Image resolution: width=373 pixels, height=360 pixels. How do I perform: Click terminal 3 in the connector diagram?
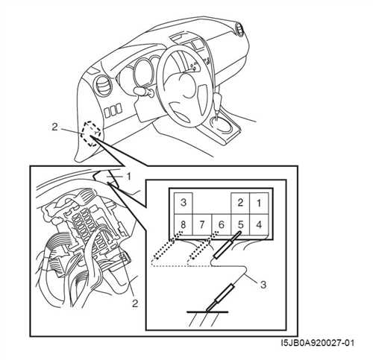coord(184,203)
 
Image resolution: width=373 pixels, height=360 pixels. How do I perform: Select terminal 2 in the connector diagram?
coord(240,203)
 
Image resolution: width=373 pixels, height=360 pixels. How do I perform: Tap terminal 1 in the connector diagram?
coord(259,203)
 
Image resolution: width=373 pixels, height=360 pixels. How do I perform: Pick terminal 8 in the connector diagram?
coord(184,224)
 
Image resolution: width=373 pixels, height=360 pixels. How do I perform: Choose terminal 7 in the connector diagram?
coord(202,224)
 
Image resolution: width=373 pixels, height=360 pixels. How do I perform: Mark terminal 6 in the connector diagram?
coord(222,224)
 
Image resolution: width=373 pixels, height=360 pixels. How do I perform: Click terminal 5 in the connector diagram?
coord(240,224)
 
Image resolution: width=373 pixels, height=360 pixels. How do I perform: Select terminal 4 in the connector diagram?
coord(259,224)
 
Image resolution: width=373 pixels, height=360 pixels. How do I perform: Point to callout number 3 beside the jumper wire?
coord(263,285)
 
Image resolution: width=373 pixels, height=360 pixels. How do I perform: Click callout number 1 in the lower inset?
coord(128,177)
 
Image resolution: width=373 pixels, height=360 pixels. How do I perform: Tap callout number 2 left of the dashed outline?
coord(54,127)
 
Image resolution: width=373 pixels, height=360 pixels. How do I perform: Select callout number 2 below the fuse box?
coord(135,303)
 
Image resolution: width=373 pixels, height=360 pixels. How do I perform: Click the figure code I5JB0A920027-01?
coord(317,343)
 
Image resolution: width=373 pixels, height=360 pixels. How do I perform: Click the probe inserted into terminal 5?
coord(227,244)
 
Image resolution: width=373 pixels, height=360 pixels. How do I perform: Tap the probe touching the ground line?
coord(220,297)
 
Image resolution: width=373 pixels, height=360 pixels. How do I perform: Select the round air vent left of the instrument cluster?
coord(102,85)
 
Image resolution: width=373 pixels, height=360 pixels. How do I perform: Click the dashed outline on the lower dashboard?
coord(92,133)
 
